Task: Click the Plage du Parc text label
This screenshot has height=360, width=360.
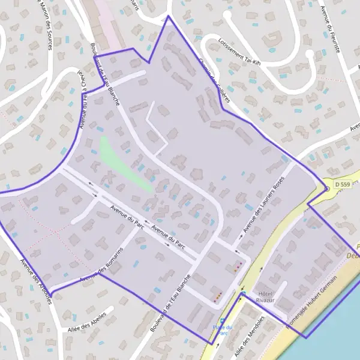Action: (x=222, y=329)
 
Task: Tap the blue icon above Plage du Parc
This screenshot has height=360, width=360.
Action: (x=223, y=320)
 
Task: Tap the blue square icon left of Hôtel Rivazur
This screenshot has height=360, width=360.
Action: (x=243, y=293)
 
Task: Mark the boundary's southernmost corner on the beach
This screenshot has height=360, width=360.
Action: (x=305, y=338)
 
